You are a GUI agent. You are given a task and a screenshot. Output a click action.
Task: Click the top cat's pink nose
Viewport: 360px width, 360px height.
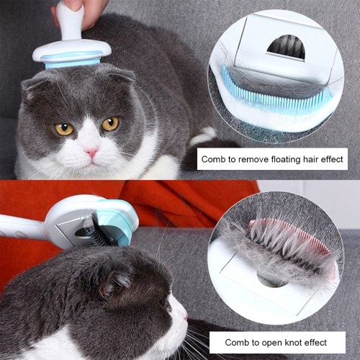tap(91, 152)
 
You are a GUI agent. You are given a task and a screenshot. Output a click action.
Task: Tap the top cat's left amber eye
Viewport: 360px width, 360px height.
tap(64, 129)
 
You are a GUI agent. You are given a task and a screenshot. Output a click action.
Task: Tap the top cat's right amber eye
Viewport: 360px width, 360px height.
tap(110, 124)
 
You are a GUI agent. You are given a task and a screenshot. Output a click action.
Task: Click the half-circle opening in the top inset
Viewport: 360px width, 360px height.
tap(287, 48)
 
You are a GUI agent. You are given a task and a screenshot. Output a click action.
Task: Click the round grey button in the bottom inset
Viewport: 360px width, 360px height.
tap(272, 279)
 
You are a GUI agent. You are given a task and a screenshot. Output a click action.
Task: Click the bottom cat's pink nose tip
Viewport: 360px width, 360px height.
tap(185, 315)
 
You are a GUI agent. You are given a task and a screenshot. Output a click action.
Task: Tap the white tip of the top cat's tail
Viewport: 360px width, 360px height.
tap(204, 135)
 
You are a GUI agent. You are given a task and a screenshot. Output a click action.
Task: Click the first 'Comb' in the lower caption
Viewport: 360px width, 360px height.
tap(235, 342)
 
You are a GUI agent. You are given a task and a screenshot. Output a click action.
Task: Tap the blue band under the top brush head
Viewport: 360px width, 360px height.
tap(72, 62)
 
